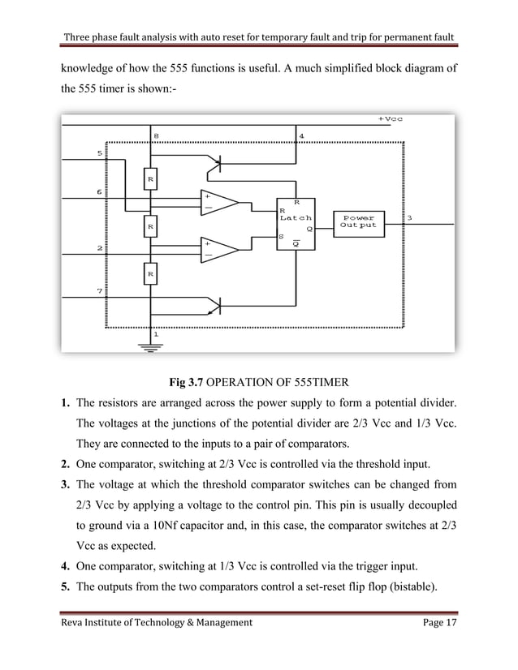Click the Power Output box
(359, 222)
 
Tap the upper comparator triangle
(218, 202)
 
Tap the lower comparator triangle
(218, 249)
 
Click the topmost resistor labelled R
(150, 178)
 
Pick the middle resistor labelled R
(150, 228)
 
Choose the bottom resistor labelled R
(150, 276)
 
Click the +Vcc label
(391, 118)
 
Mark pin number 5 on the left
(100, 152)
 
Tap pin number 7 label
(100, 290)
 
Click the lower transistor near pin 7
(214, 305)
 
